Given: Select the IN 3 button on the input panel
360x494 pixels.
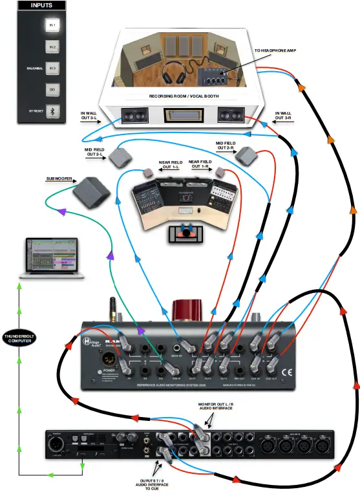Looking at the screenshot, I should pyautogui.click(x=52, y=67).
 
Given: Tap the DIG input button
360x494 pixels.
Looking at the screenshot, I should pyautogui.click(x=52, y=89).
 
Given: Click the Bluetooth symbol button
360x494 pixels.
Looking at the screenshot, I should pyautogui.click(x=52, y=111).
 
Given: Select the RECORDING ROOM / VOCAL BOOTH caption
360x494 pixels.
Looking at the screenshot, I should pyautogui.click(x=184, y=96).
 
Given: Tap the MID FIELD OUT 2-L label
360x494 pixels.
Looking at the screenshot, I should pyautogui.click(x=94, y=152).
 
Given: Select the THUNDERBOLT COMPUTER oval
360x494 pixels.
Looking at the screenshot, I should pyautogui.click(x=20, y=339).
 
